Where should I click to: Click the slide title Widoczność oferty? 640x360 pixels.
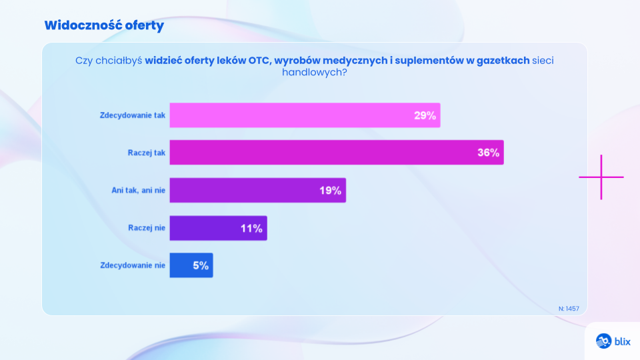104,25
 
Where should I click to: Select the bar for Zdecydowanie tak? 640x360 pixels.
287,115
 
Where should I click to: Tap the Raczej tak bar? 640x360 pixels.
320,153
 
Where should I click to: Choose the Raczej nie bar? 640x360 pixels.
207,228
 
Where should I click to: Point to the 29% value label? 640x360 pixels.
425,115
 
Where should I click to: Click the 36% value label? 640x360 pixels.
488,153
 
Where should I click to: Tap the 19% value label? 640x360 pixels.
330,191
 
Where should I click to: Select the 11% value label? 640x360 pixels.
251,228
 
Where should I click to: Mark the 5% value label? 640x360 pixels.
201,265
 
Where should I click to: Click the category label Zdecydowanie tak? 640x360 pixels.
132,115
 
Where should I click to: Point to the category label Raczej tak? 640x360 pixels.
146,153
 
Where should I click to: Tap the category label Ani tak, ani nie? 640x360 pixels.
137,191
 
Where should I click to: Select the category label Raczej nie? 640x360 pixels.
146,228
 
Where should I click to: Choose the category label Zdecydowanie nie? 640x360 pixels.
132,265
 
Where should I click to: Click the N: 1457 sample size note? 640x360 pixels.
569,309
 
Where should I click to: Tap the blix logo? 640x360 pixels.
613,341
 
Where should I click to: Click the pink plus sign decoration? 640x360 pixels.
601,177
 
